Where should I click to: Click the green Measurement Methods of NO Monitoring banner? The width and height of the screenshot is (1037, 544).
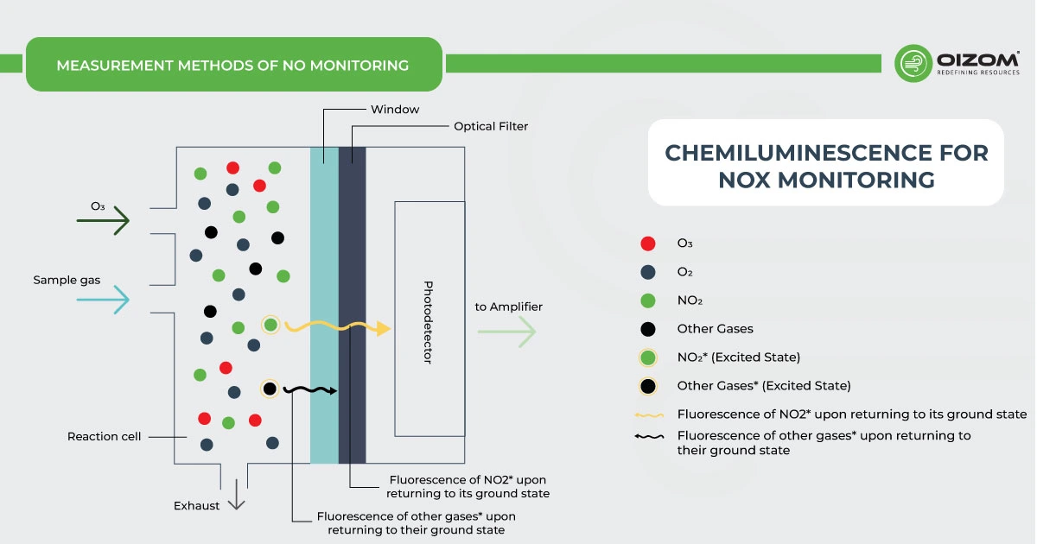(233, 65)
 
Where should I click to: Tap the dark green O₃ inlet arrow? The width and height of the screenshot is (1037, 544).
(104, 221)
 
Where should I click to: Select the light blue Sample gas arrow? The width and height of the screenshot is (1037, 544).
(104, 299)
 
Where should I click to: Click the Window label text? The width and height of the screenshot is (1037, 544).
(395, 110)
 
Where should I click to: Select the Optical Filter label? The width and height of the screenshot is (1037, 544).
(491, 126)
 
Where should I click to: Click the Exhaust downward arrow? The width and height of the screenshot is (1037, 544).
(237, 497)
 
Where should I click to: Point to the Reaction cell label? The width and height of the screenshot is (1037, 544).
(104, 436)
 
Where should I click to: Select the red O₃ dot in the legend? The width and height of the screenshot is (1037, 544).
(648, 244)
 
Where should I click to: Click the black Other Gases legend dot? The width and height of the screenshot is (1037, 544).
(648, 329)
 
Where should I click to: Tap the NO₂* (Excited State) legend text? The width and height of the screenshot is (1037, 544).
(739, 357)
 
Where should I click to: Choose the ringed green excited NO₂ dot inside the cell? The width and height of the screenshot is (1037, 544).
(270, 325)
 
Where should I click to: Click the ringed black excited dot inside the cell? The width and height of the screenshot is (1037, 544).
(270, 389)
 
